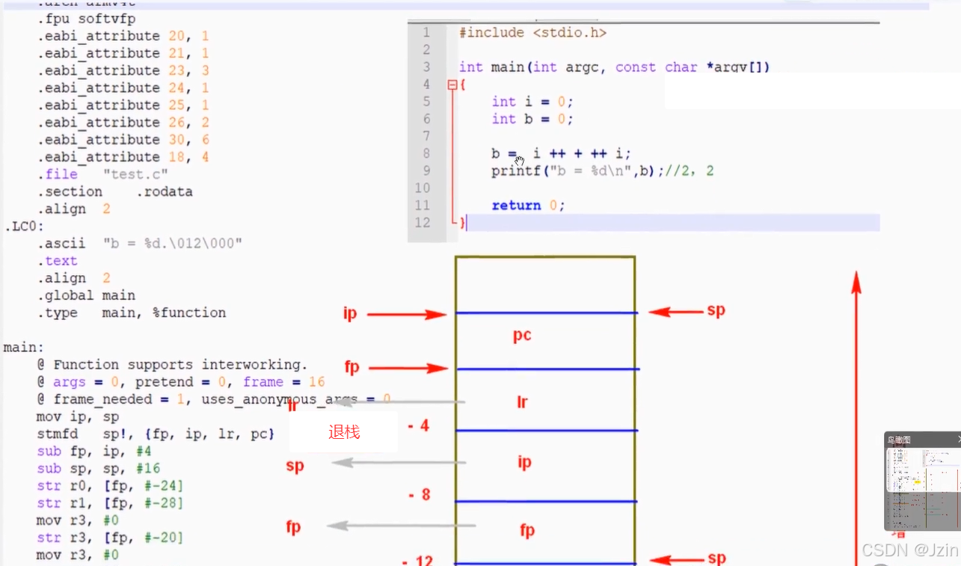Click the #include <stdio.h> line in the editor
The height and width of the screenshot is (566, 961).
[532, 33]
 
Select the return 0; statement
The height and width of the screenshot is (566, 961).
[528, 206]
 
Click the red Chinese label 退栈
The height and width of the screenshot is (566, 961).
[344, 432]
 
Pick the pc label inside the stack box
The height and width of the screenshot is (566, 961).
[522, 335]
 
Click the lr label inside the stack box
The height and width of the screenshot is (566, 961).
[522, 402]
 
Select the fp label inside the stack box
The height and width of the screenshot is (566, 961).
[527, 531]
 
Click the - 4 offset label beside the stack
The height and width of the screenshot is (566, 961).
[419, 426]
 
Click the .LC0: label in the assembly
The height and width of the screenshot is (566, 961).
[25, 227]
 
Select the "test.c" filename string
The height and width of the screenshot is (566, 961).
[135, 174]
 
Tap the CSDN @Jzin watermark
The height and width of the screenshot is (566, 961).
[909, 550]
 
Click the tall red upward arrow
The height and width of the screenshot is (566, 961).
[857, 411]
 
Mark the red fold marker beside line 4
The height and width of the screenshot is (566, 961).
[452, 85]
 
